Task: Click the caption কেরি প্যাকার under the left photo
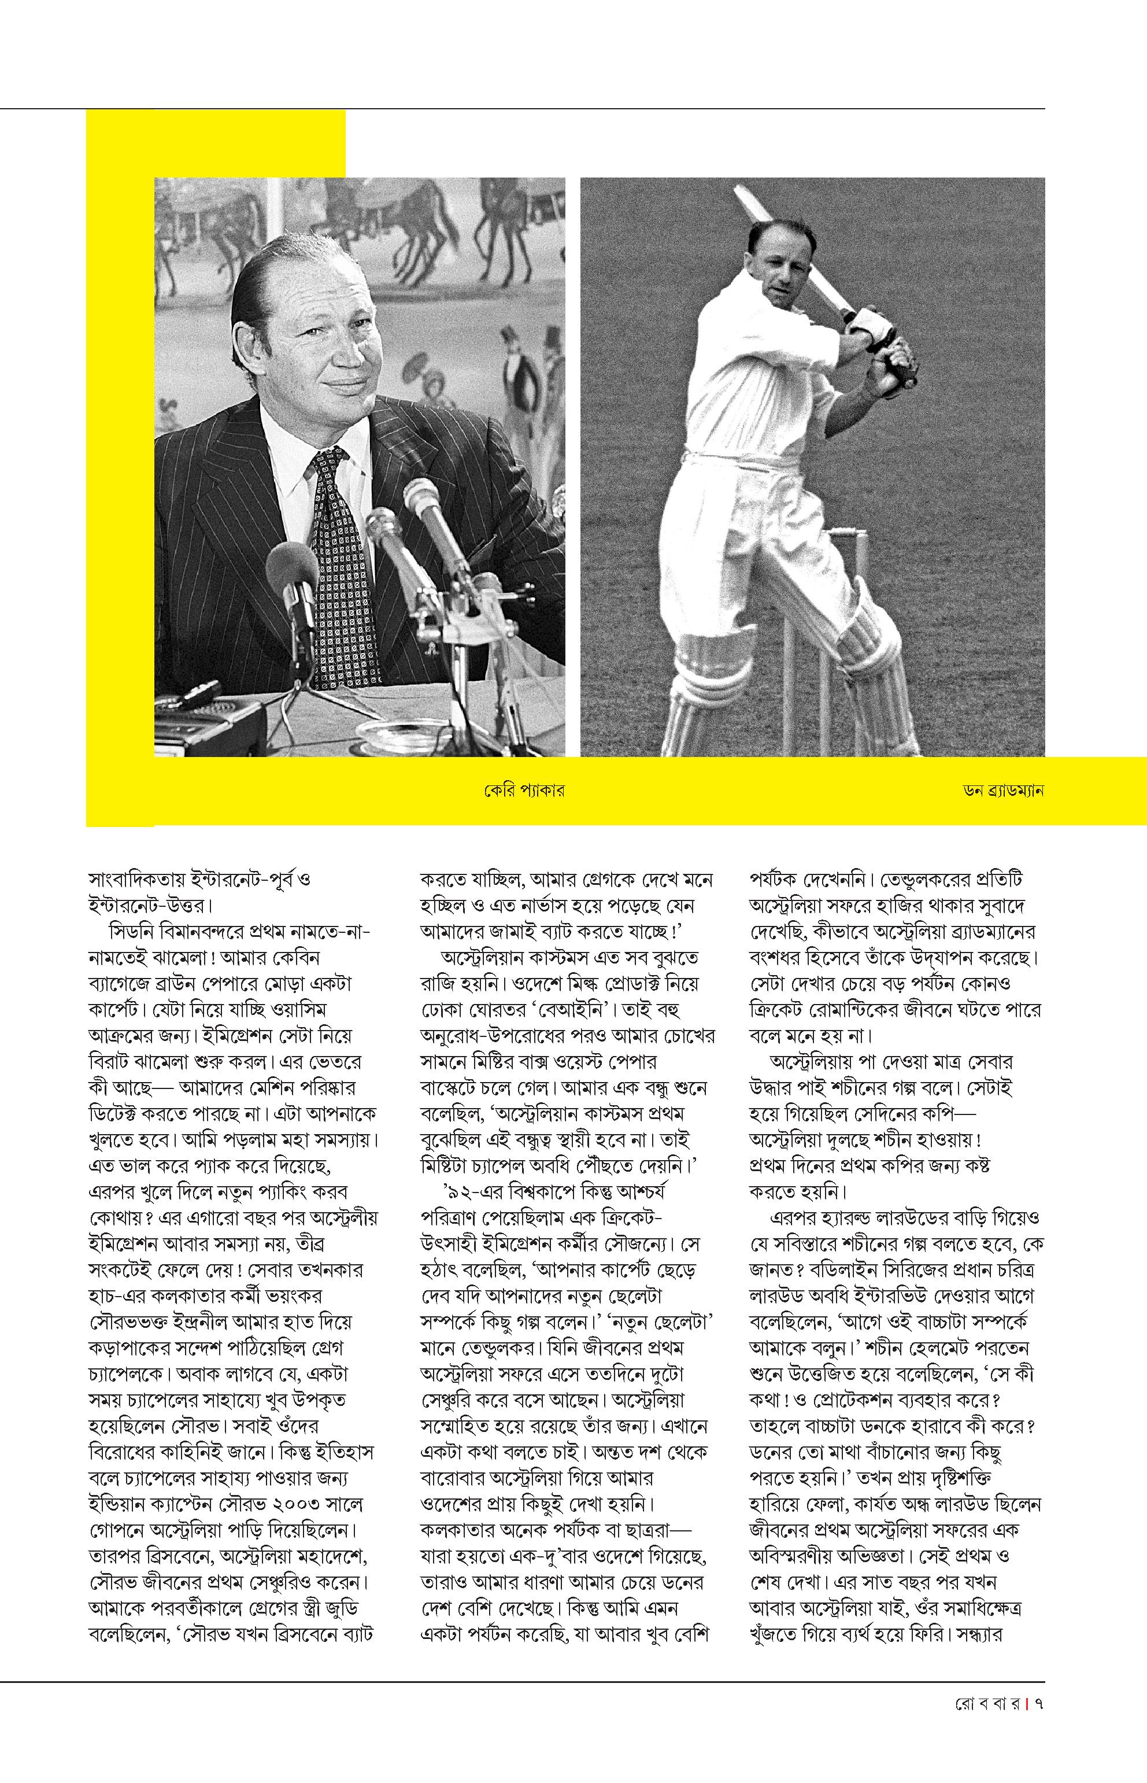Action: click(522, 791)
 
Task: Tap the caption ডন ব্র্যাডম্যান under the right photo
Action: click(1002, 791)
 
